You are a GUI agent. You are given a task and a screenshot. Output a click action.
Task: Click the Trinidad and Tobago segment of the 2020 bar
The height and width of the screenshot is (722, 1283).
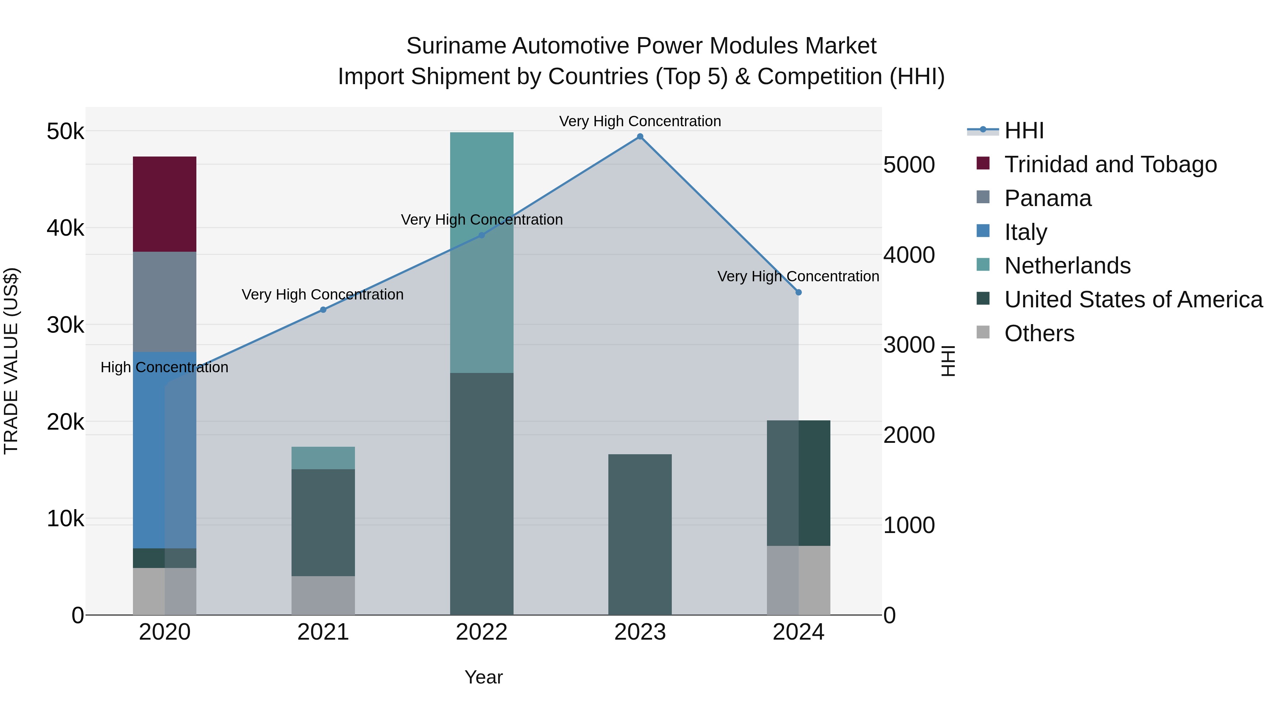pyautogui.click(x=164, y=204)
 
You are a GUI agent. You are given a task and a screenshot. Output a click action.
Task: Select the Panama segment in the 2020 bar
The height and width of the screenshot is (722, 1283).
pyautogui.click(x=164, y=301)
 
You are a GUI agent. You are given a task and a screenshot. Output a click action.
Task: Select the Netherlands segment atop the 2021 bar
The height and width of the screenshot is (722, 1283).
pyautogui.click(x=323, y=457)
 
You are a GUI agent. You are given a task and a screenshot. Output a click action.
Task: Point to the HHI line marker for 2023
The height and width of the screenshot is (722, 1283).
pyautogui.click(x=640, y=137)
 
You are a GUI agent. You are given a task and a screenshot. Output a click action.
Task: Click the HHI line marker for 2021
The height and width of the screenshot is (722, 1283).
pyautogui.click(x=323, y=309)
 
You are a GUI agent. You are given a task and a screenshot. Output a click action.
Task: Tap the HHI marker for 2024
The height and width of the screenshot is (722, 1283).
pyautogui.click(x=798, y=292)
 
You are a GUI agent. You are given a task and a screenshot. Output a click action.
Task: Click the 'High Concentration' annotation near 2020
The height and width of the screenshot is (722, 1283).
pyautogui.click(x=164, y=367)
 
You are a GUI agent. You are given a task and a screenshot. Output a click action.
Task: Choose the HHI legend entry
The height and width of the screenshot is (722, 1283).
pyautogui.click(x=1024, y=130)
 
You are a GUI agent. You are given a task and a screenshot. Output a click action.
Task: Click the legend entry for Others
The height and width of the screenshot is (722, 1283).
pyautogui.click(x=1039, y=333)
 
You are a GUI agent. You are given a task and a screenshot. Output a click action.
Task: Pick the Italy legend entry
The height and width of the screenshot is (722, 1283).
pyautogui.click(x=1025, y=232)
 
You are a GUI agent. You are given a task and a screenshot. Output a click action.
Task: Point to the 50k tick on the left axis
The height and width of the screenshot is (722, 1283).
pyautogui.click(x=65, y=132)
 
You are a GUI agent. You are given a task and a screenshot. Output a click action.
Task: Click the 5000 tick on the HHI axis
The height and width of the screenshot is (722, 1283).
pyautogui.click(x=909, y=165)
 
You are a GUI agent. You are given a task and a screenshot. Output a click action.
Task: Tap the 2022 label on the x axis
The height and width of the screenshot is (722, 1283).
pyautogui.click(x=481, y=632)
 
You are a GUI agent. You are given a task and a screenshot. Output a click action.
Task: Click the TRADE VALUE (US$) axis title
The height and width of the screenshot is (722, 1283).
pyautogui.click(x=11, y=361)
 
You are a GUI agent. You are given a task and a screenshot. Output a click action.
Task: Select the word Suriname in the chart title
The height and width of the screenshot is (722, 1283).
pyautogui.click(x=456, y=46)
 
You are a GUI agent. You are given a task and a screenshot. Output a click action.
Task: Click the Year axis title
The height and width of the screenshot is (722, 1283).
pyautogui.click(x=483, y=677)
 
